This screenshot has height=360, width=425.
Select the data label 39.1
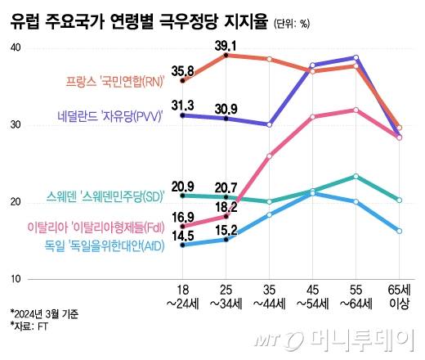pos(226,45)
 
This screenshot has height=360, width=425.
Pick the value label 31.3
pos(183,105)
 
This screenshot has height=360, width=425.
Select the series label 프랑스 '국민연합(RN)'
pos(114,81)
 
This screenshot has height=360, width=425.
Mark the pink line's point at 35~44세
pos(269,155)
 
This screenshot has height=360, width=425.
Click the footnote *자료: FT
pos(29,326)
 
